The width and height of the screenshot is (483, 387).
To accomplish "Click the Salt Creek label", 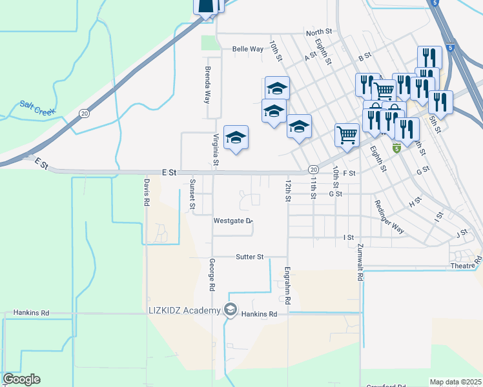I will pos(38,107).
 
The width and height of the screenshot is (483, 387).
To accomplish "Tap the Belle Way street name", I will pos(248,49).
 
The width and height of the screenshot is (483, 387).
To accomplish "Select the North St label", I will pos(319,32).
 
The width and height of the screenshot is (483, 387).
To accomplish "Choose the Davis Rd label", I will pos(147,192).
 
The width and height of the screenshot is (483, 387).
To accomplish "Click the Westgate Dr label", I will pos(232,221).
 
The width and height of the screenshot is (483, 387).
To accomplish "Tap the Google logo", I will pos(21,379).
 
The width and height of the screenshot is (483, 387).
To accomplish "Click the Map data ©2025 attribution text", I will pos(455,382).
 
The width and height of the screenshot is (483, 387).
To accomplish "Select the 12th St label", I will pos(289,190).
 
